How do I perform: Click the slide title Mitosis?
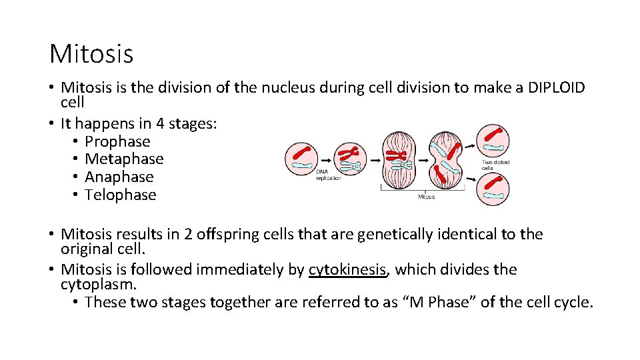91,53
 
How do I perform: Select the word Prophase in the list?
117,141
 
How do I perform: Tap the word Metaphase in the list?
124,159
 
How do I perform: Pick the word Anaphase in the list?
119,177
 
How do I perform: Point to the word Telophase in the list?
121,195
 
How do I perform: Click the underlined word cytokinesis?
347,270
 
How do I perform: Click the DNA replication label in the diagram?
329,175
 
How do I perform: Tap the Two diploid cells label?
496,165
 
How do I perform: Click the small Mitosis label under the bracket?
427,197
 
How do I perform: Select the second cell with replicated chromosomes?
349,159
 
